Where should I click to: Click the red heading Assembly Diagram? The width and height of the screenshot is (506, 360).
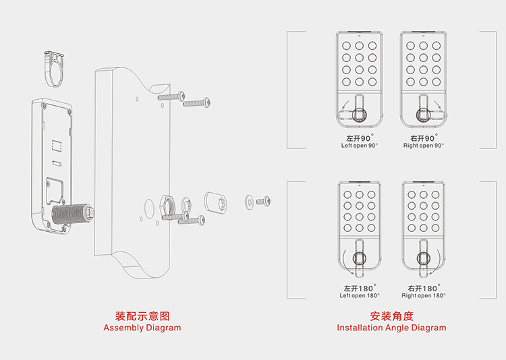(142, 328)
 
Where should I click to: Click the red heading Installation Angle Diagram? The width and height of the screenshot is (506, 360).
(391, 328)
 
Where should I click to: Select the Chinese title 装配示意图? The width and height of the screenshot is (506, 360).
(142, 316)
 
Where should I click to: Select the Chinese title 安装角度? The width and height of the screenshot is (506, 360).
(391, 316)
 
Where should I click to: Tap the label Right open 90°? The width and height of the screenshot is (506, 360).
(423, 146)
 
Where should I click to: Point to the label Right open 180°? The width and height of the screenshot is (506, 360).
(423, 295)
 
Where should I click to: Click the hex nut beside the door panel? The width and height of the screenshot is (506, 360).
(168, 203)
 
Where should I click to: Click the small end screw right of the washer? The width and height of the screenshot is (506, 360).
(264, 200)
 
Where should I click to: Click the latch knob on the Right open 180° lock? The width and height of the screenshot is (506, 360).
(423, 258)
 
